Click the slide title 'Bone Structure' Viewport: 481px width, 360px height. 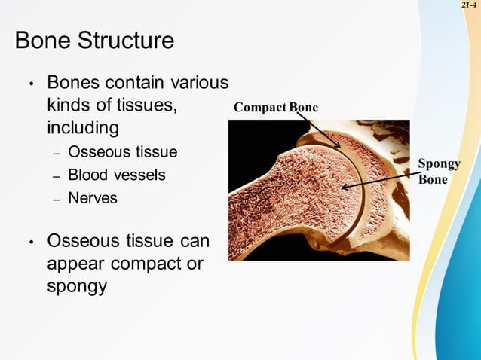(x=94, y=41)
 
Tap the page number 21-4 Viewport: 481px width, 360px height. (x=470, y=5)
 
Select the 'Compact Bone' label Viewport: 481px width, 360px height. (x=275, y=108)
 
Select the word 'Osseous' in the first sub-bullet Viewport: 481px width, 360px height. (x=96, y=152)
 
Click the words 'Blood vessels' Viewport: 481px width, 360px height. (x=116, y=175)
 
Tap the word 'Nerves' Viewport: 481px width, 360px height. (x=92, y=199)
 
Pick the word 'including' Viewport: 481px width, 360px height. (x=82, y=127)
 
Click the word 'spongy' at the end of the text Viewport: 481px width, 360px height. (x=76, y=287)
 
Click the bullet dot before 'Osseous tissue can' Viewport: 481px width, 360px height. (x=31, y=243)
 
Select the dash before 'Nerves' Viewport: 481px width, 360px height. (x=56, y=200)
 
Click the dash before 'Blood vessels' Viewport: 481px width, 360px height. (x=56, y=176)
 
